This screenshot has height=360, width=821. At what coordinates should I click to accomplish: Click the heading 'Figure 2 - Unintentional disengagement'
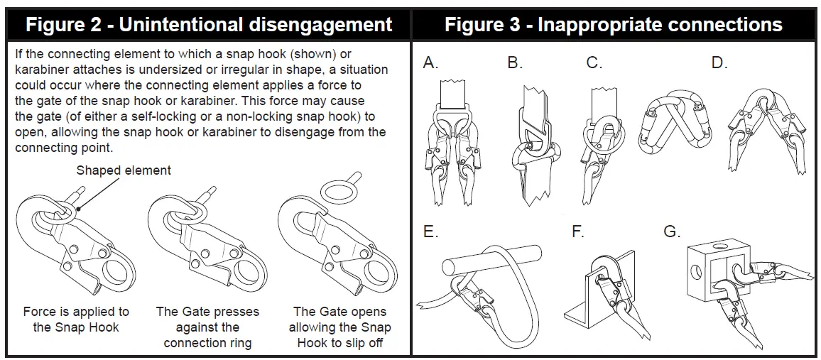(x=209, y=25)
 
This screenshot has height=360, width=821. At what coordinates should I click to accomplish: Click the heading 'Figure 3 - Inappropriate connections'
(x=614, y=25)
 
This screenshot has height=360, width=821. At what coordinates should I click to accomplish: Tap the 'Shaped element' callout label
(x=123, y=170)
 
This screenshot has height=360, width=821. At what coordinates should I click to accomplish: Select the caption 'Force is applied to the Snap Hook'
(x=76, y=320)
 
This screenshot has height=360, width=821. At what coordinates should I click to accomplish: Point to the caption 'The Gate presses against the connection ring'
(x=207, y=327)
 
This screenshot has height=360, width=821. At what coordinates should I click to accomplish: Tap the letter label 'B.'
(x=515, y=63)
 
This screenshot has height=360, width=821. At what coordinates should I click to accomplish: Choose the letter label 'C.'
(x=594, y=63)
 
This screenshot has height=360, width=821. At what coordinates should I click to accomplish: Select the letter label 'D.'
(x=719, y=63)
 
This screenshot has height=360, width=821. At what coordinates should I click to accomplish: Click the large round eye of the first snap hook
(x=114, y=271)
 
